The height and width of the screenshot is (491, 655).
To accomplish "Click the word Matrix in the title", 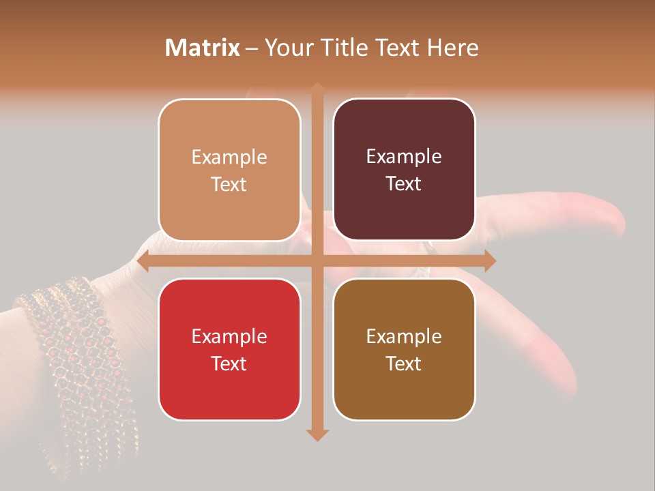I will click(x=203, y=48).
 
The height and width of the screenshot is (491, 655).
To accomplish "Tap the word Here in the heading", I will click(x=452, y=48).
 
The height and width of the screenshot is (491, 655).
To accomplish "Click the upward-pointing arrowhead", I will click(x=317, y=88).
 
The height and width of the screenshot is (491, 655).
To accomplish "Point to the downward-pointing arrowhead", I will click(x=317, y=434).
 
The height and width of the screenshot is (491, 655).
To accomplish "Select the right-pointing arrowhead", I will click(x=489, y=261).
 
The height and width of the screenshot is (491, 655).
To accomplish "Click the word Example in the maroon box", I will click(x=404, y=157).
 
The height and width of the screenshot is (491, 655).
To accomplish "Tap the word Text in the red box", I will click(x=229, y=363).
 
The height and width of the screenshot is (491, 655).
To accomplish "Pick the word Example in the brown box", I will click(x=404, y=336).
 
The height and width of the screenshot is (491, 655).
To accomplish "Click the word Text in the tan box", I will click(x=229, y=184).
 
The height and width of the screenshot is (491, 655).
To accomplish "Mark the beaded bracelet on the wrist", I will click(x=75, y=355).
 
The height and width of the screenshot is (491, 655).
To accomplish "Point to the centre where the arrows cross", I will click(x=317, y=261).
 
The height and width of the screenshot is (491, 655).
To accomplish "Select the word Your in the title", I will click(x=287, y=48).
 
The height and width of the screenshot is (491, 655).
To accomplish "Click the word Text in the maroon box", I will click(x=404, y=184).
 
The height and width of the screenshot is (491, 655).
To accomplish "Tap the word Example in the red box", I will click(x=229, y=336).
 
